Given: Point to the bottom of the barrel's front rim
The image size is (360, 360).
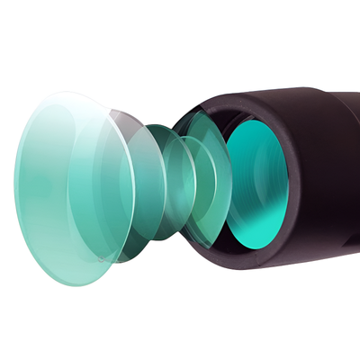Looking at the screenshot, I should point(261,265).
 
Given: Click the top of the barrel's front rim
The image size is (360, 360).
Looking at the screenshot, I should point(243,94).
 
